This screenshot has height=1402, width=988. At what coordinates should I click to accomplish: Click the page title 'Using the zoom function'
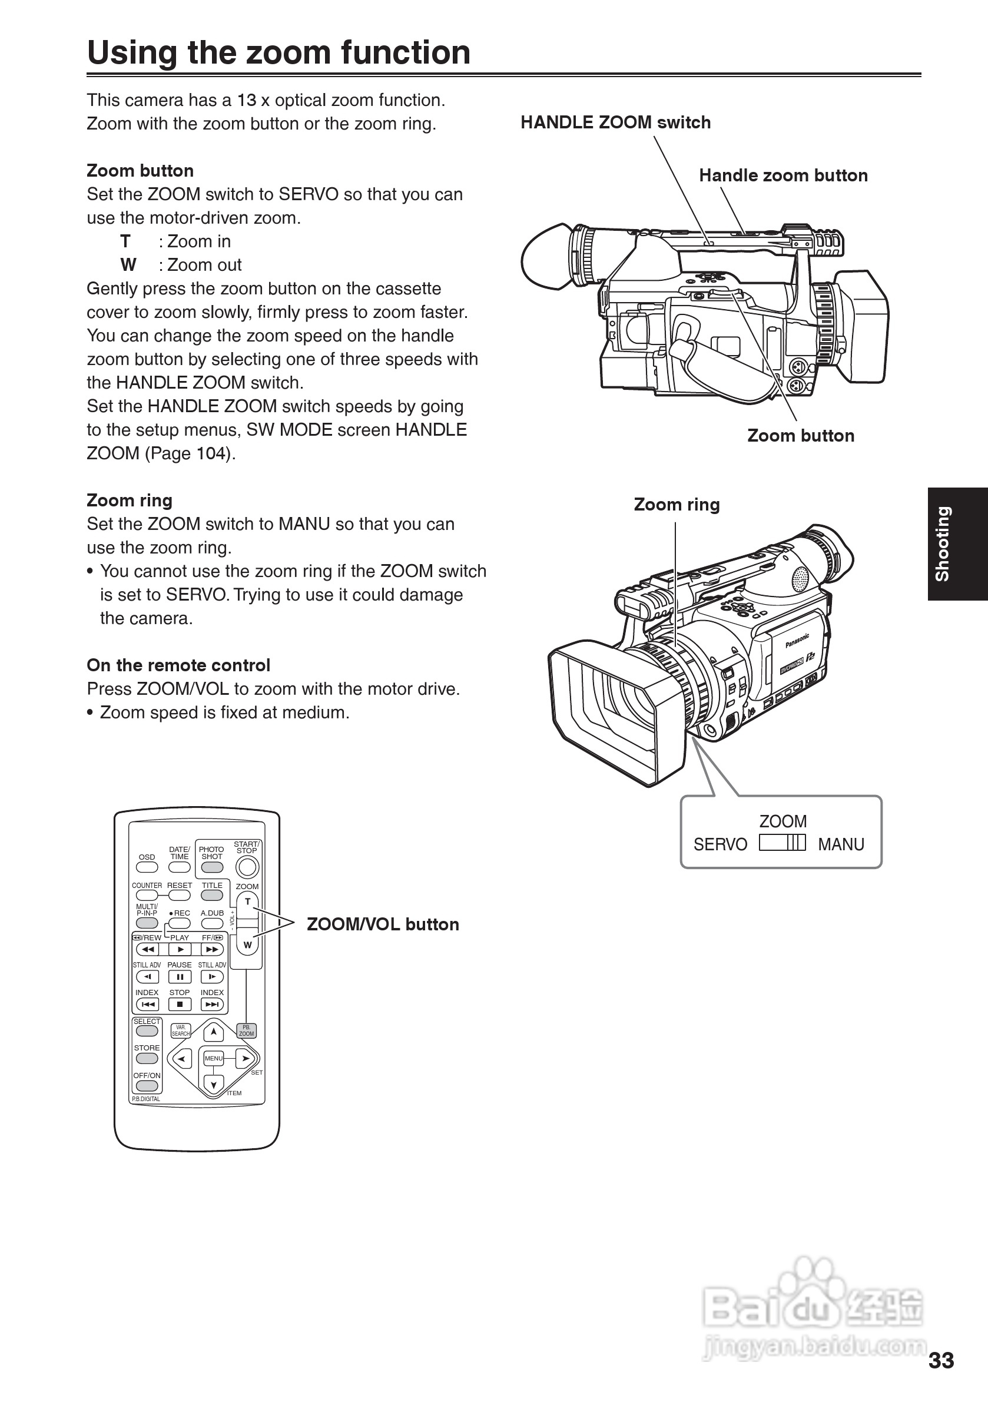pyautogui.click(x=279, y=52)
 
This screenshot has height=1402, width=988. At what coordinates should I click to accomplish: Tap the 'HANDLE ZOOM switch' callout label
pyautogui.click(x=615, y=122)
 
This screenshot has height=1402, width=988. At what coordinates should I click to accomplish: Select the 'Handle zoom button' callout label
pyautogui.click(x=783, y=176)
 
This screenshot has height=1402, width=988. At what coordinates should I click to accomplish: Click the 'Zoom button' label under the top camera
pyautogui.click(x=800, y=436)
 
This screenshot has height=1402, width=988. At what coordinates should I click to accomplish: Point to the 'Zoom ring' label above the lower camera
pyautogui.click(x=676, y=505)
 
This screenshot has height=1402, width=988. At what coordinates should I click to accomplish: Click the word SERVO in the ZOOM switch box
pyautogui.click(x=720, y=844)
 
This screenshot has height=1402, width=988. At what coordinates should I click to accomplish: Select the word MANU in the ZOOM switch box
pyautogui.click(x=841, y=844)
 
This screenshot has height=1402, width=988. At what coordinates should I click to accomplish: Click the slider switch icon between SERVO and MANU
pyautogui.click(x=783, y=843)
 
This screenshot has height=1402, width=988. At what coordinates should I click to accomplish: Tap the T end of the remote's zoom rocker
pyautogui.click(x=247, y=902)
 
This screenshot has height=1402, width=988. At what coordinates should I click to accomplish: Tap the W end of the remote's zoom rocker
pyautogui.click(x=247, y=944)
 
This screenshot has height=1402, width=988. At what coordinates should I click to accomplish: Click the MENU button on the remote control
pyautogui.click(x=214, y=1058)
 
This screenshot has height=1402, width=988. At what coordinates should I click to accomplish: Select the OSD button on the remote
pyautogui.click(x=147, y=867)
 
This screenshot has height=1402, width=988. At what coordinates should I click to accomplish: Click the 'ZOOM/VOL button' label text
pyautogui.click(x=382, y=924)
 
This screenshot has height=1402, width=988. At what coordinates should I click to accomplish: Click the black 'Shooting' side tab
pyautogui.click(x=957, y=543)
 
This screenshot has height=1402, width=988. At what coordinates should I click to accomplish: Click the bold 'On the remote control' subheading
pyautogui.click(x=178, y=665)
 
